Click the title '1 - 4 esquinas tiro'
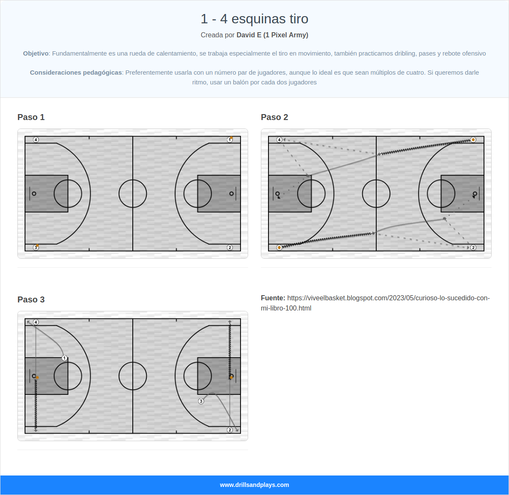(x=254, y=19)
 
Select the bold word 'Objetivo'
(x=36, y=53)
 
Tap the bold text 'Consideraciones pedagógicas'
(x=76, y=73)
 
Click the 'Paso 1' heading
(x=31, y=117)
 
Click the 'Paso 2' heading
(x=274, y=117)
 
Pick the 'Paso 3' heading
(x=31, y=299)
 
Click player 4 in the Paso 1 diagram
(x=36, y=140)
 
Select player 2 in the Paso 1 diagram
(x=230, y=247)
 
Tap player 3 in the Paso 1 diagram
(x=36, y=247)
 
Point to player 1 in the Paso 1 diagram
(x=230, y=140)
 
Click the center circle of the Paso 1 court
(x=133, y=193)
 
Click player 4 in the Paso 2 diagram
(x=279, y=140)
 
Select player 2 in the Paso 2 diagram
(x=473, y=247)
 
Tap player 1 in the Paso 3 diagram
(x=64, y=358)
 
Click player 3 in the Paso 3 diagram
(x=201, y=401)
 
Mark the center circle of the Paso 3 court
(x=133, y=376)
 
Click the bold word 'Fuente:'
(x=273, y=298)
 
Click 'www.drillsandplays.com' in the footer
(x=254, y=485)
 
